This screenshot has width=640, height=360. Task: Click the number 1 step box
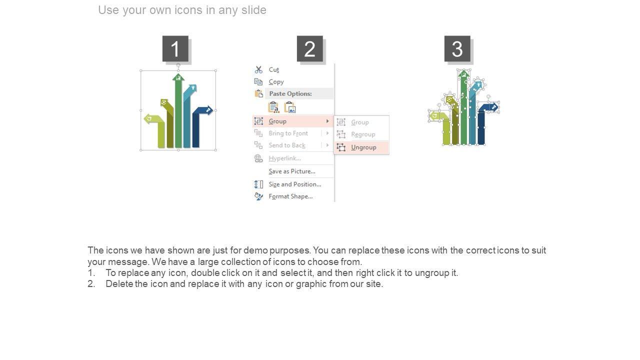pyautogui.click(x=175, y=48)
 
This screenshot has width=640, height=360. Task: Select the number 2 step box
pyautogui.click(x=309, y=48)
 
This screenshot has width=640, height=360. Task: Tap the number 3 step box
pyautogui.click(x=457, y=48)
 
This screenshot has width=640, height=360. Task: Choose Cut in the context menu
pyautogui.click(x=273, y=69)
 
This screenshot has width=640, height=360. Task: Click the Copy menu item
pyautogui.click(x=276, y=82)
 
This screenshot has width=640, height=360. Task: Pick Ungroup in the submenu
pyautogui.click(x=363, y=147)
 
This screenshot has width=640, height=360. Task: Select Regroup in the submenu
pyautogui.click(x=363, y=134)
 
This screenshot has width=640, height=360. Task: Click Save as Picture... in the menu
pyautogui.click(x=291, y=171)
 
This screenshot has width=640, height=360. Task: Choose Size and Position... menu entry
pyautogui.click(x=295, y=184)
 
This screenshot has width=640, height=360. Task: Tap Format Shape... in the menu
pyautogui.click(x=290, y=196)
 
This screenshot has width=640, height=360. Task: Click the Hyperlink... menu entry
pyautogui.click(x=284, y=158)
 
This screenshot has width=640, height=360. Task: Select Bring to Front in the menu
pyautogui.click(x=288, y=133)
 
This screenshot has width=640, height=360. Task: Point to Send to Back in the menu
pyautogui.click(x=287, y=145)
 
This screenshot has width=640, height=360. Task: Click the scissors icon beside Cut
pyautogui.click(x=258, y=69)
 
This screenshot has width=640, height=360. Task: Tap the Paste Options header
pyautogui.click(x=290, y=93)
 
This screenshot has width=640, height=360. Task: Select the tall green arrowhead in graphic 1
pyautogui.click(x=178, y=77)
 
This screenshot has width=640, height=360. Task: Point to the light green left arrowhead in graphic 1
pyautogui.click(x=148, y=118)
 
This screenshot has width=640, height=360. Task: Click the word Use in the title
pyautogui.click(x=108, y=10)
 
